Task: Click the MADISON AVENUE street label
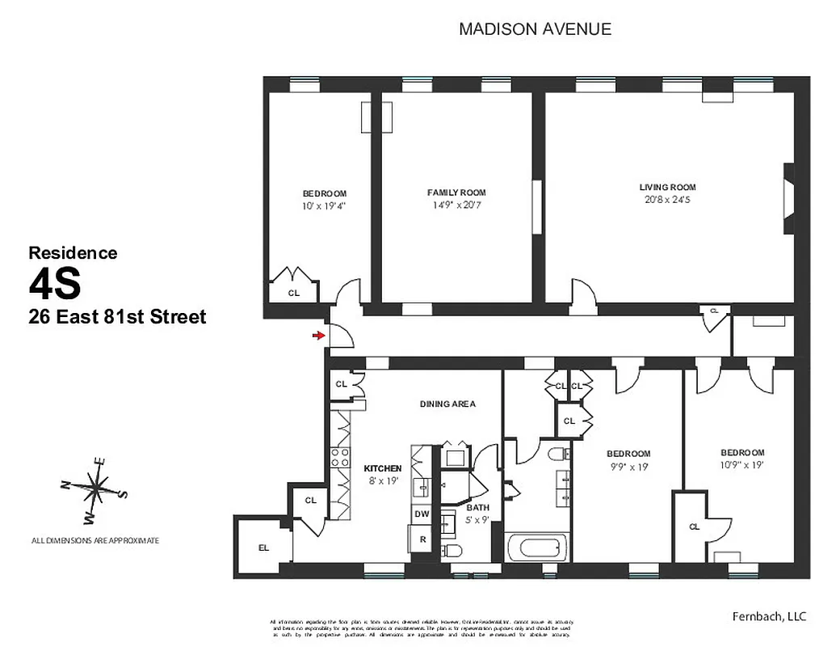pos(535,30)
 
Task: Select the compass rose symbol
pos(95,488)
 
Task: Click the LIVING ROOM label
pos(667,187)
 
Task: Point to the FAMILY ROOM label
pos(456,192)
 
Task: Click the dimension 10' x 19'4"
pos(324,205)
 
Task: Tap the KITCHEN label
pos(382,468)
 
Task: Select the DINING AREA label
pos(447,404)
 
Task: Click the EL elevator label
pos(263,548)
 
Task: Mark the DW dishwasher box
pos(422,514)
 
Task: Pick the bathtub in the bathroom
pos(537,548)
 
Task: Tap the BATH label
pos(477,507)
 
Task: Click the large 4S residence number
pos(55,284)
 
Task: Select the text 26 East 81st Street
pos(117,317)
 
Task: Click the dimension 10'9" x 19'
pos(741,464)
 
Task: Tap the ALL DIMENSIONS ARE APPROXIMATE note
pos(95,540)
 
